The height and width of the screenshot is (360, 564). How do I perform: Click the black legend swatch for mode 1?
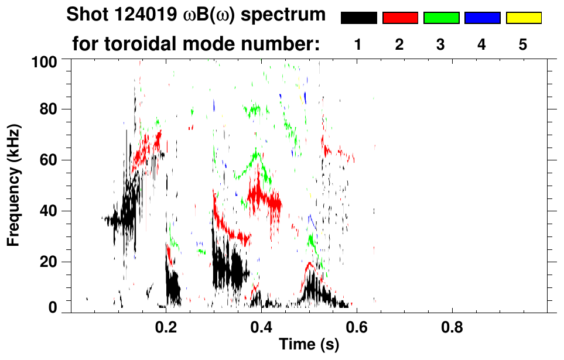tap(359, 18)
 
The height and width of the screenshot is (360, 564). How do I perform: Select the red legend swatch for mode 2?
tap(400, 18)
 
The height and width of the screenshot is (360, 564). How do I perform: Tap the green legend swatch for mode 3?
tap(441, 18)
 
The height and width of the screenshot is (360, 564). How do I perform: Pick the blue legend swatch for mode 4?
tap(482, 18)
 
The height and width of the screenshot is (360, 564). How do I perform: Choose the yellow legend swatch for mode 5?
tap(523, 18)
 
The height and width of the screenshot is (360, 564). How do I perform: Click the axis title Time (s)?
tap(309, 345)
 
